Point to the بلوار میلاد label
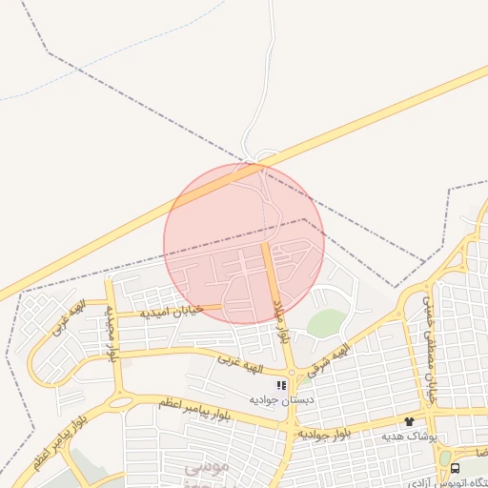point(281,318)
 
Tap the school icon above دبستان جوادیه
point(281,385)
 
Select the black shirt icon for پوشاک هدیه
point(410,420)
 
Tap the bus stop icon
point(455,468)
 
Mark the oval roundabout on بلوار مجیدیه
point(120,401)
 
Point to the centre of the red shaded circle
point(244,242)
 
